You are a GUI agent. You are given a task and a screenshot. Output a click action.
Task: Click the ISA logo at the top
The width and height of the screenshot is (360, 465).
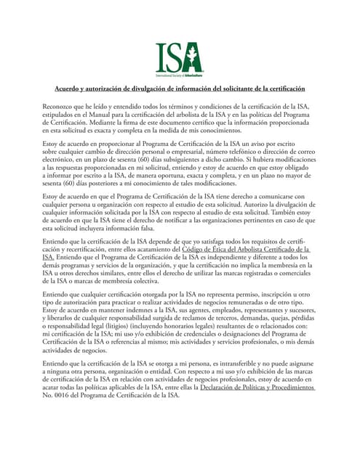pos(179,58)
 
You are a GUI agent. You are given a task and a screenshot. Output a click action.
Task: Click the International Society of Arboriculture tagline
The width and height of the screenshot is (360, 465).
pos(179,74)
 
